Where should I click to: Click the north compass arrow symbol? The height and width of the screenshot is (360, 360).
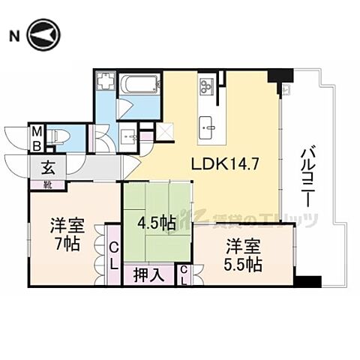click(43, 36)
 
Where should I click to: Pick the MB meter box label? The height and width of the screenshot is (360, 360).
click(36, 137)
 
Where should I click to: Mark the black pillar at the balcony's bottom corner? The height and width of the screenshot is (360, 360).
click(307, 282)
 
